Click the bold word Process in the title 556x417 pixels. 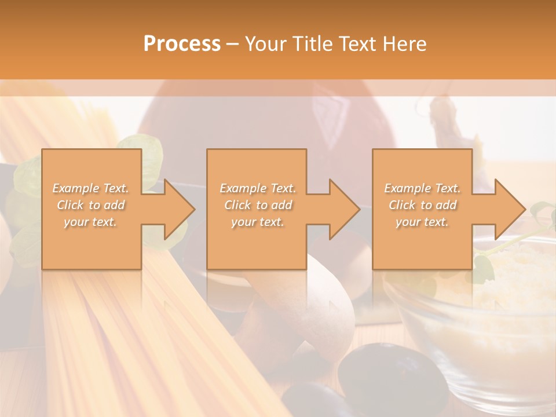(x=182, y=44)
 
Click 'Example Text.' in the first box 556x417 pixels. (x=90, y=188)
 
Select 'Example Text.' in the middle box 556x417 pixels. (x=257, y=188)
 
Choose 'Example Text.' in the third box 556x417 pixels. (x=422, y=188)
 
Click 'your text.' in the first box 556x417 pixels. (x=90, y=222)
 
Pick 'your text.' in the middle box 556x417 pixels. (x=257, y=222)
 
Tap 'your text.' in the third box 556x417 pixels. (x=422, y=222)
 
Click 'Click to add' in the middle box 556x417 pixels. (x=257, y=205)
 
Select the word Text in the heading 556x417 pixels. (x=358, y=44)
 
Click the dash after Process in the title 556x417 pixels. (x=233, y=44)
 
